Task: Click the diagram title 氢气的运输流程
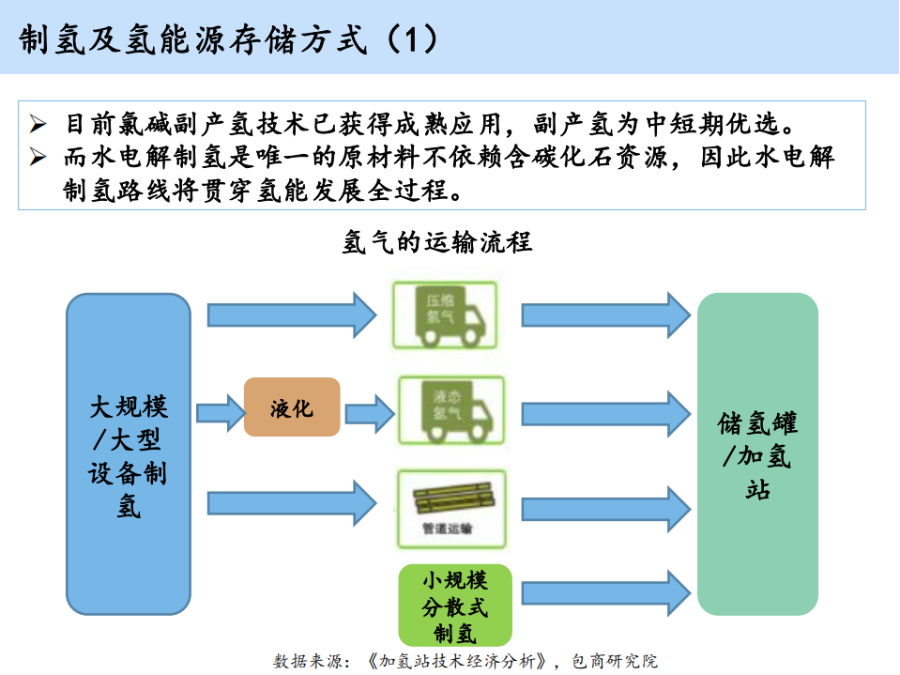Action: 437,242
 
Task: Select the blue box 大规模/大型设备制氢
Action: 129,454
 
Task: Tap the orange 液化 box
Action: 292,407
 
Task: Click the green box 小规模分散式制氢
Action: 456,605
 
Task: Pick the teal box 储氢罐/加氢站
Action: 757,454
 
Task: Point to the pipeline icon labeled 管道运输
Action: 448,505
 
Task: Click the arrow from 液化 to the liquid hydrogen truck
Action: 370,410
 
